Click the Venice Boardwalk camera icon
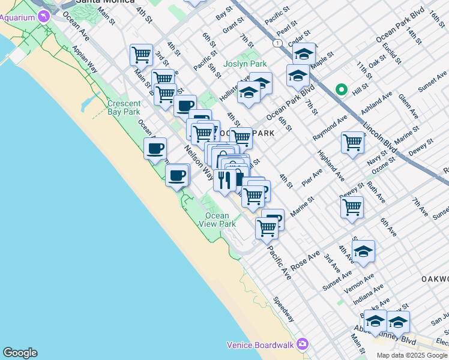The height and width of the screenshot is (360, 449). pyautogui.click(x=302, y=344)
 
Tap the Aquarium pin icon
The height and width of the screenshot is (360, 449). pyautogui.click(x=43, y=16)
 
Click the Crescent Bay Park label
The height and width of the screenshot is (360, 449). pyautogui.click(x=124, y=107)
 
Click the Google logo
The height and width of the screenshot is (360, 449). pyautogui.click(x=20, y=353)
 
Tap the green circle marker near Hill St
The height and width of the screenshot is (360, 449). pyautogui.click(x=342, y=90)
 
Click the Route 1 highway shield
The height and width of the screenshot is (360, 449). pyautogui.click(x=277, y=43)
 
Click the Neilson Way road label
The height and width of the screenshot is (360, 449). pyautogui.click(x=199, y=162)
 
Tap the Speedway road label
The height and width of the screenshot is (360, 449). pyautogui.click(x=283, y=309)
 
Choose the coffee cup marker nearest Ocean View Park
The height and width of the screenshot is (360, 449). pyautogui.click(x=177, y=175)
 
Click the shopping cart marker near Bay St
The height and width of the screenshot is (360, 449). pyautogui.click(x=141, y=55)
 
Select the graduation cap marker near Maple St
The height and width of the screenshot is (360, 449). pyautogui.click(x=304, y=54)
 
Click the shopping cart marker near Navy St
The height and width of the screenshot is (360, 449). pyautogui.click(x=352, y=143)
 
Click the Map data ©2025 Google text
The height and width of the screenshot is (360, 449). pyautogui.click(x=412, y=355)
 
